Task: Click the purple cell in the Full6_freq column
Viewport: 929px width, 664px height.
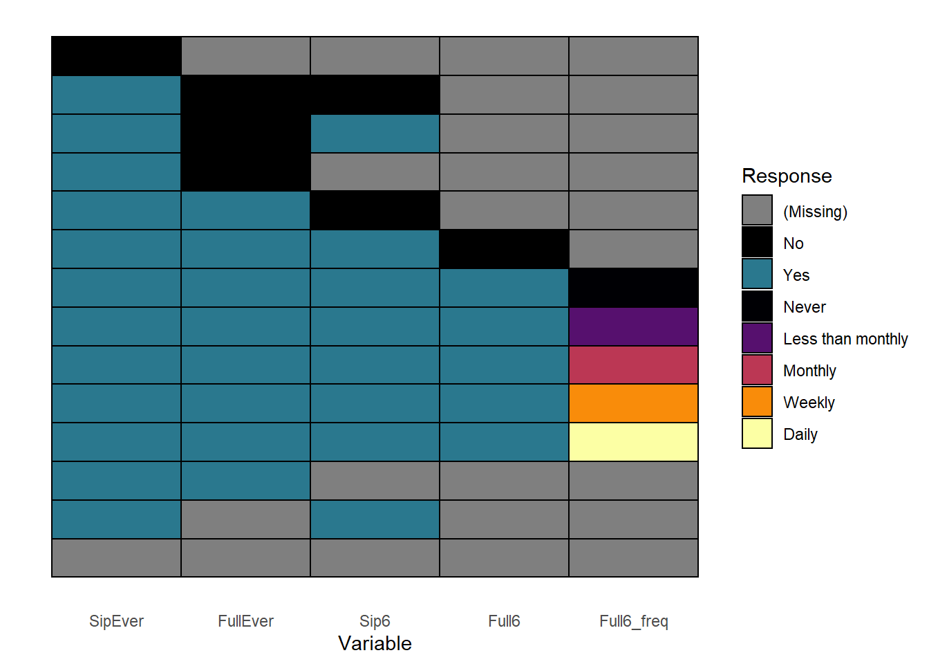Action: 633,326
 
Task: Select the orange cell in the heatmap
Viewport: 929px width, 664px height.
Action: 633,403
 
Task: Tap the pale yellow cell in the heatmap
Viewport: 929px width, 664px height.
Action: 633,442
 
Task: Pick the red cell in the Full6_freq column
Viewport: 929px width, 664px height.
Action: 633,365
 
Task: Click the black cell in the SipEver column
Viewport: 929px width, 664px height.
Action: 116,56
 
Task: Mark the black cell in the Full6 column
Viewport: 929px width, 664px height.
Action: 504,249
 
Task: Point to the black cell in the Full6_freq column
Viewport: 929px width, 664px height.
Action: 633,288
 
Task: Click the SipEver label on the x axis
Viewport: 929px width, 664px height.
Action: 116,621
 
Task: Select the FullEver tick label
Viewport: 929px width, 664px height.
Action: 245,621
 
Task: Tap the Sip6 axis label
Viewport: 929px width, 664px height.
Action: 375,621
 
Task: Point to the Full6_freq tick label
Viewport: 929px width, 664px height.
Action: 633,621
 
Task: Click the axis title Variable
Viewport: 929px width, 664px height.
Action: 375,644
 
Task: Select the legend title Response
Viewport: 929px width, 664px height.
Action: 787,176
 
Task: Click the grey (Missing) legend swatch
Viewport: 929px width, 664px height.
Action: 757,210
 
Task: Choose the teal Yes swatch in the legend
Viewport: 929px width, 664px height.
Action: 757,274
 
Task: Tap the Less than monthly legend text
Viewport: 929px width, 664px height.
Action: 845,339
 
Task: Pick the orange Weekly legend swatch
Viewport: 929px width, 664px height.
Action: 757,401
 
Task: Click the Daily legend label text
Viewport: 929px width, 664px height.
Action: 800,434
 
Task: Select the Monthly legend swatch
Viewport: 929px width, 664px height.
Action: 757,369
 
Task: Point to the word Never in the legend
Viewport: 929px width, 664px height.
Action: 805,307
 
